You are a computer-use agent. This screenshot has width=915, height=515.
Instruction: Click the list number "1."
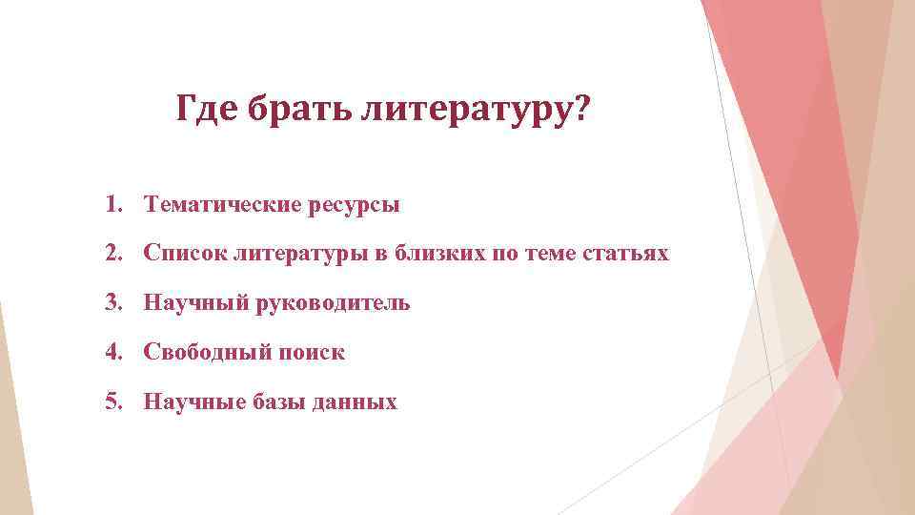pos(114,204)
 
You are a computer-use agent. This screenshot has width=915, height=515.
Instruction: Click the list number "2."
pos(114,254)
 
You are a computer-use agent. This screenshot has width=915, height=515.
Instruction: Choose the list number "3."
pos(114,303)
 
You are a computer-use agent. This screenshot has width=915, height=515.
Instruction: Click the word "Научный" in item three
pos(195,303)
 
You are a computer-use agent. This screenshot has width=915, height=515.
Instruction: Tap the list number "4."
pos(114,353)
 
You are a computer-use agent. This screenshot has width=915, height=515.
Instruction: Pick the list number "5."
pos(114,402)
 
